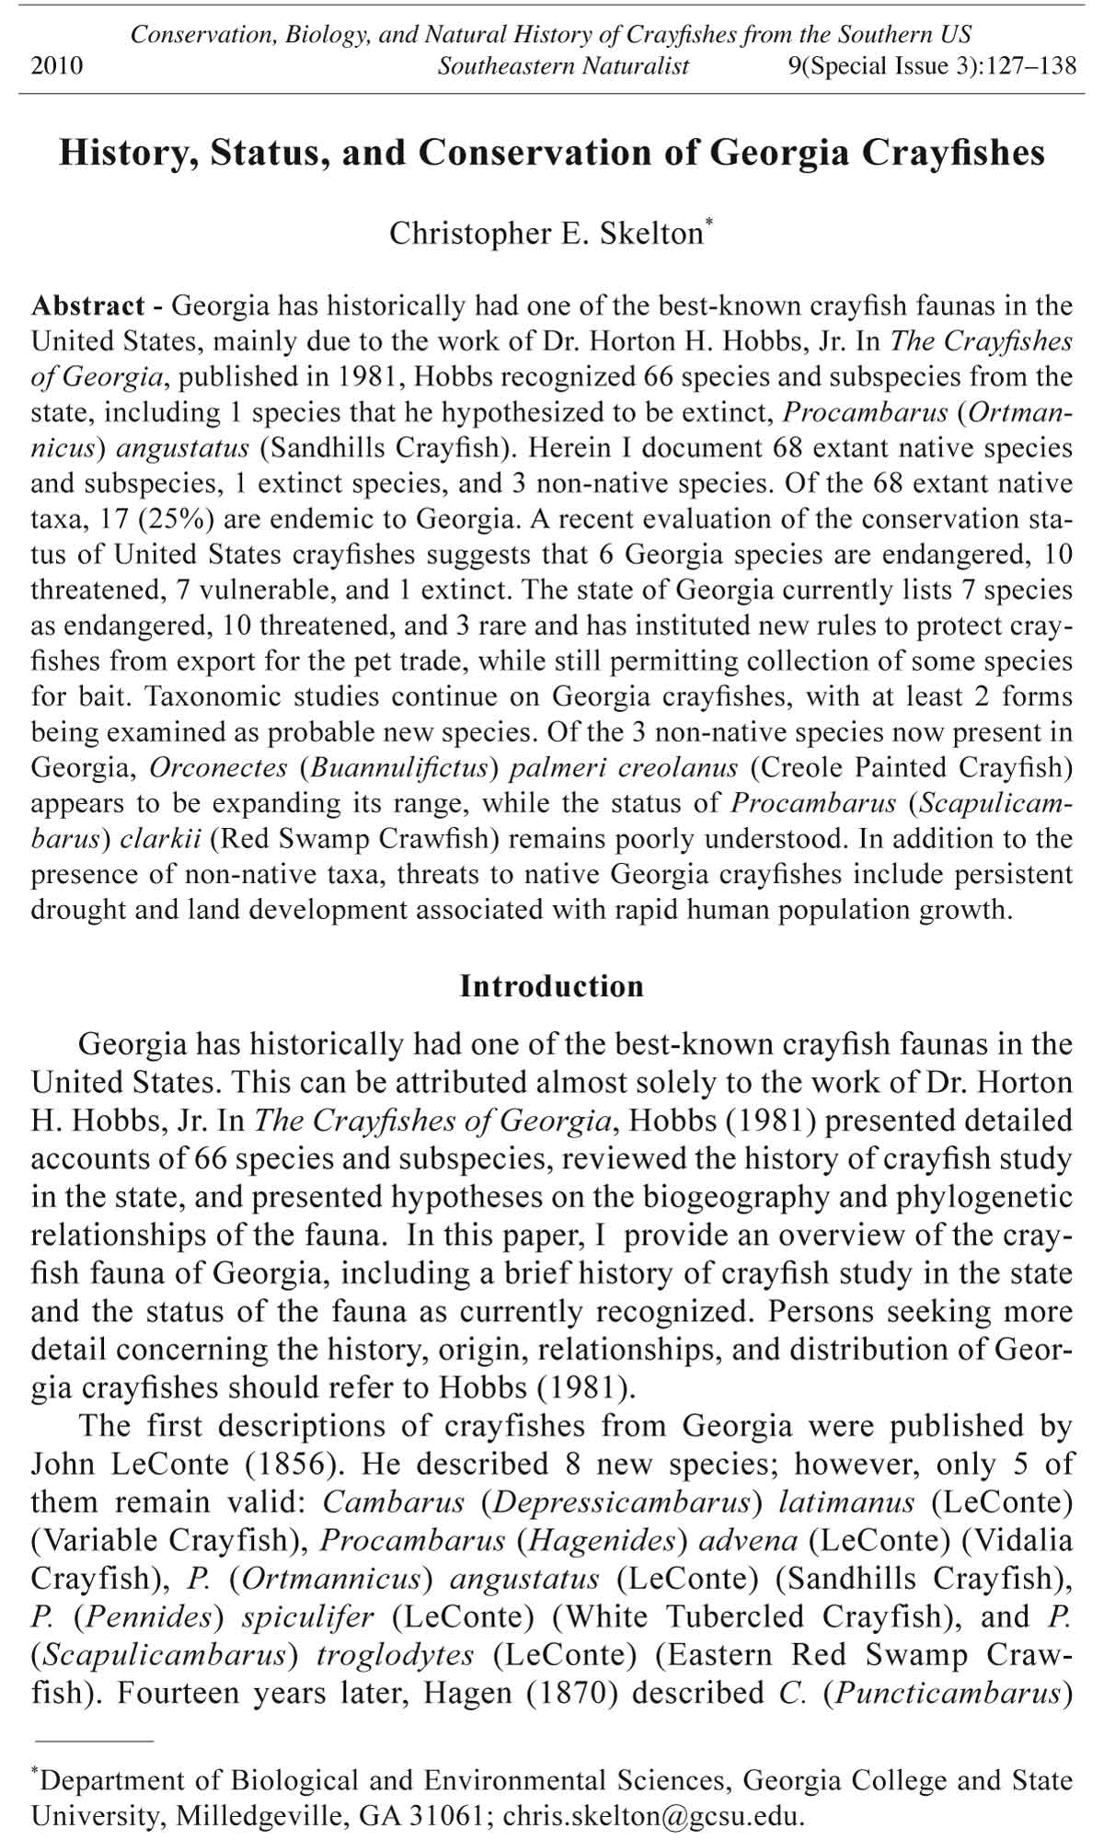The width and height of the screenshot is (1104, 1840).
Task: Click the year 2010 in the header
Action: coord(57,66)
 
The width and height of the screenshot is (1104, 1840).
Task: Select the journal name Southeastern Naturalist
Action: coord(563,66)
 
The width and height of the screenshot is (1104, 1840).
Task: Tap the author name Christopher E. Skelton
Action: coord(546,234)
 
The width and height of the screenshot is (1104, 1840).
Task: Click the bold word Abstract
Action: coord(88,305)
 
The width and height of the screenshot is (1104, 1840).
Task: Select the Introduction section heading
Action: coord(552,986)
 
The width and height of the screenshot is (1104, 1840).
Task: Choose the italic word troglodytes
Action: coord(396,1655)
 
